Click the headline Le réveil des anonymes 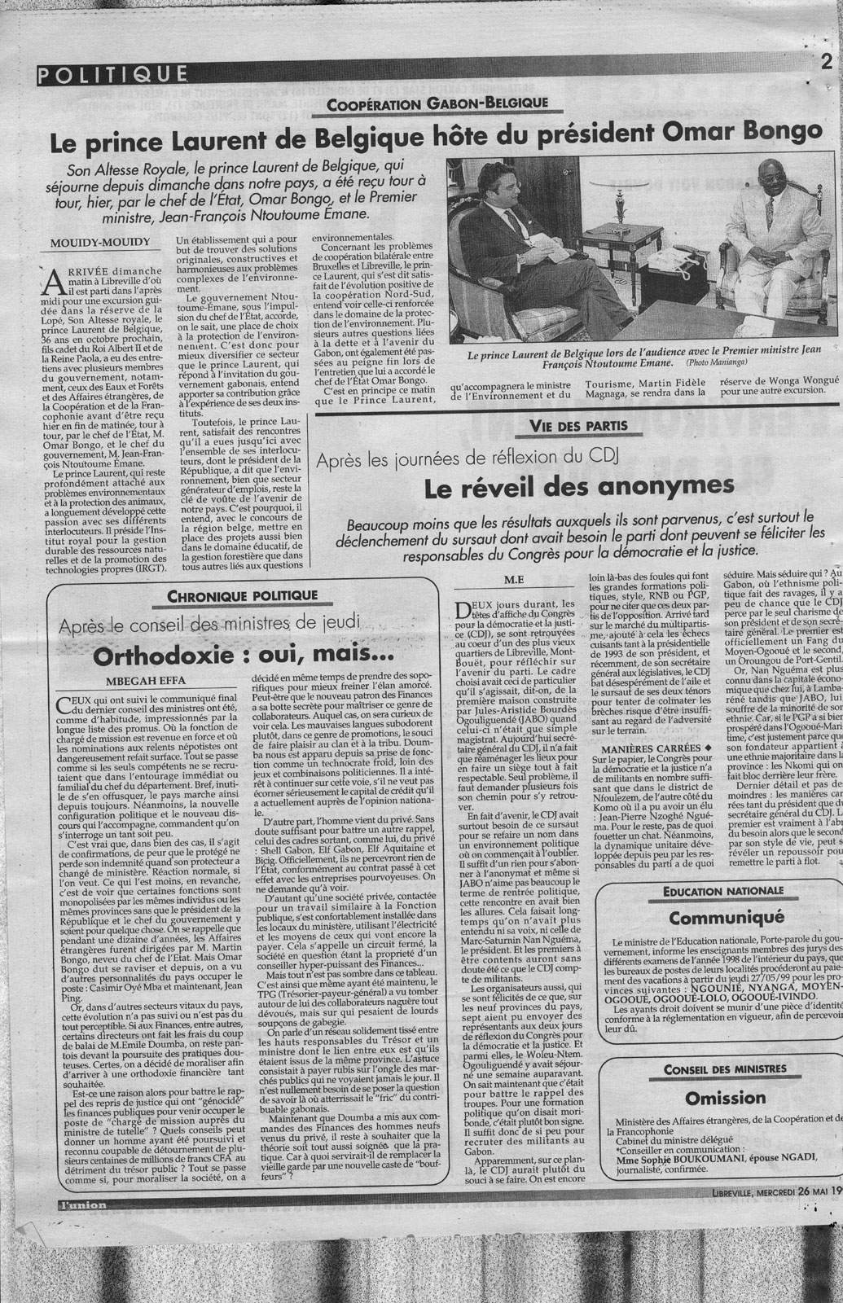point(579,487)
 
